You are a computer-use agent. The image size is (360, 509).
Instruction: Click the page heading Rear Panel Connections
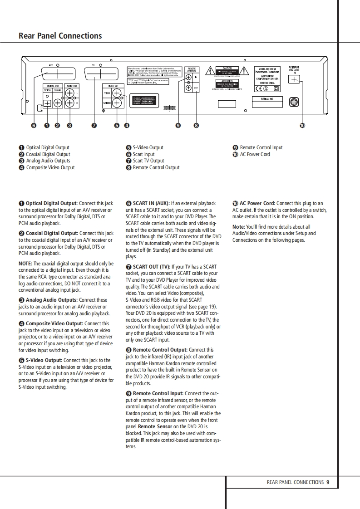click(x=60, y=36)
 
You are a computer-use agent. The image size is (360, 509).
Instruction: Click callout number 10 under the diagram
click(x=302, y=126)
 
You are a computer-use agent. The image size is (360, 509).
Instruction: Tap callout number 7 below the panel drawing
click(x=94, y=126)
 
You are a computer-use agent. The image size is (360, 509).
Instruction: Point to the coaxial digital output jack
click(x=58, y=103)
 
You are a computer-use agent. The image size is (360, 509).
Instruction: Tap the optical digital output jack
click(x=47, y=103)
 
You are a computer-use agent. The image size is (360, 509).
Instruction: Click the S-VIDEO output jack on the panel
click(x=117, y=103)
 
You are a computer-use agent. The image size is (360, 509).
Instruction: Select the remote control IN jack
click(x=188, y=78)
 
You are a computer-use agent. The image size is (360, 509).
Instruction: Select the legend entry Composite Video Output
click(x=50, y=167)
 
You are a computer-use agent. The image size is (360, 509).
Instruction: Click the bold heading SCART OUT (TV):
click(x=152, y=267)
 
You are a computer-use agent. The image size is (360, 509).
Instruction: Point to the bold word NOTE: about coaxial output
click(x=25, y=264)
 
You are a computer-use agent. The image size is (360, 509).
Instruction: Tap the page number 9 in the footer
click(x=328, y=482)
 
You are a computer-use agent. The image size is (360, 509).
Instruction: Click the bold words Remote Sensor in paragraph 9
click(x=155, y=426)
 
